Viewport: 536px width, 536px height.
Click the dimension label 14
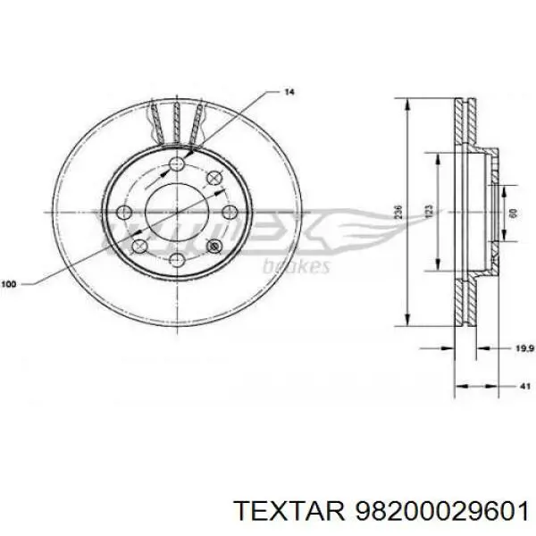tap(289, 92)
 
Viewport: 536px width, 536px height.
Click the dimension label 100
tap(9, 285)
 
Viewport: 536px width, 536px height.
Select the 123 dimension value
tap(429, 211)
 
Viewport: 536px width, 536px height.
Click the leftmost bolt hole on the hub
tap(124, 212)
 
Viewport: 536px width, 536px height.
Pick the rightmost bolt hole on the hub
tap(229, 212)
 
